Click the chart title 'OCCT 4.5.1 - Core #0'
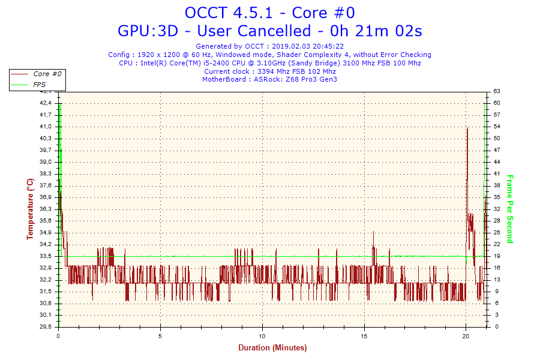point(269,13)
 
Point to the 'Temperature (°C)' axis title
point(31,209)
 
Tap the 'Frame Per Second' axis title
point(509,209)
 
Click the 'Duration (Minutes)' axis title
point(272,348)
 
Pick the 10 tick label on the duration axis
point(262,336)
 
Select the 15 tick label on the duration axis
point(364,336)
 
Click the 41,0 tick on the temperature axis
point(46,127)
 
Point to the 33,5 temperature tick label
point(46,256)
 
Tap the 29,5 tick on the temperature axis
point(46,327)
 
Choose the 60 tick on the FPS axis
point(497,103)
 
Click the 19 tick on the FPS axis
point(497,256)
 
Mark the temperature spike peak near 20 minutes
point(467,128)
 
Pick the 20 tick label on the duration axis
point(466,336)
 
